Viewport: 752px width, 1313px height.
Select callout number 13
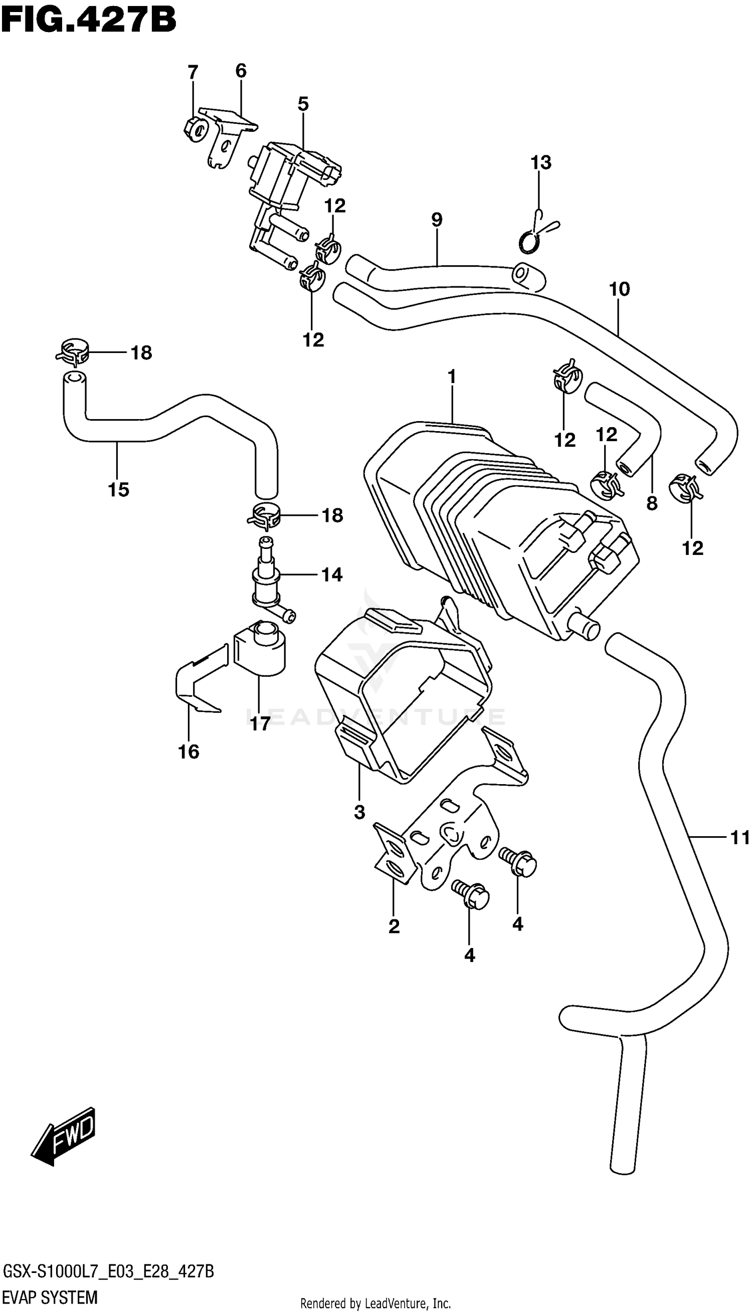point(541,162)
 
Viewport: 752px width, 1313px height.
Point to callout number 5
point(303,104)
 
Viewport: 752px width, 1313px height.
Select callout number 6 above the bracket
point(241,71)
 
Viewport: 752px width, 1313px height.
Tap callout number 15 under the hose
point(118,489)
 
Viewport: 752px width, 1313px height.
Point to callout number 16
point(189,751)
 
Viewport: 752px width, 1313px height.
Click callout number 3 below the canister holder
point(359,812)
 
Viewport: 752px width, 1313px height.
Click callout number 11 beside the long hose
point(739,838)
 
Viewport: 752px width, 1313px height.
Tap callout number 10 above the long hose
point(619,289)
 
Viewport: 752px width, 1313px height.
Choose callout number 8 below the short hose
point(652,503)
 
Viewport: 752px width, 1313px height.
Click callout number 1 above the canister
point(452,378)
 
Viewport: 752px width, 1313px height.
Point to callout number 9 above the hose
point(437,220)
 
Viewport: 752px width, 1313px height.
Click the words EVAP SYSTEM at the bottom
point(50,1297)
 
